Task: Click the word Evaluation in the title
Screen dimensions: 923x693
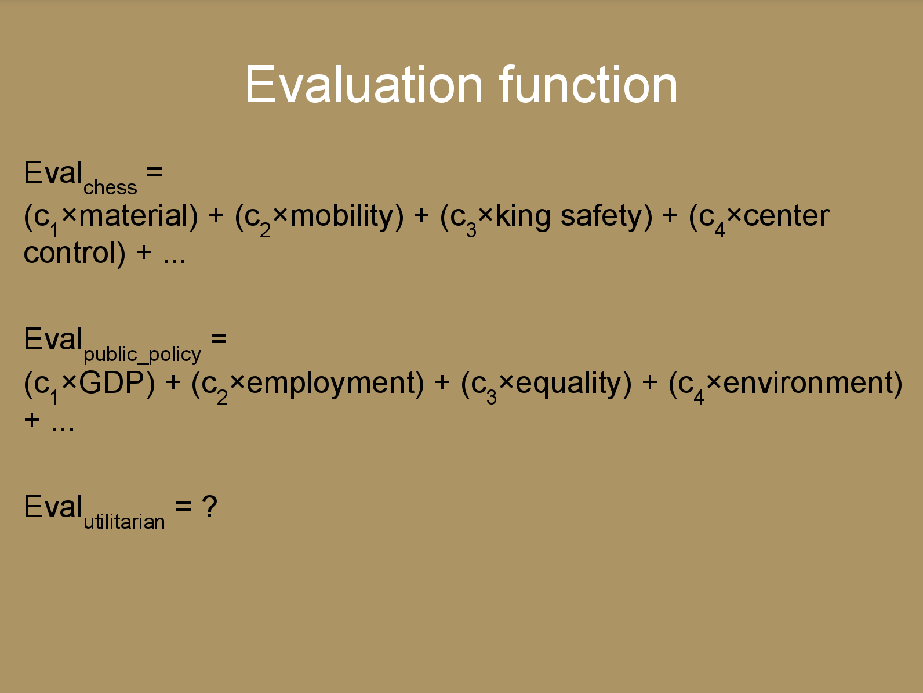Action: [364, 84]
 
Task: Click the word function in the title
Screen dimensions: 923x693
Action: [588, 84]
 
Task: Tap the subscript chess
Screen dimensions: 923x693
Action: [110, 187]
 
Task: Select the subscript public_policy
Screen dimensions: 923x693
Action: [143, 355]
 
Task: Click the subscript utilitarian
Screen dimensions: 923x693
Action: [124, 522]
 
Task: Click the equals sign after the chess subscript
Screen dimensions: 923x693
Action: [154, 172]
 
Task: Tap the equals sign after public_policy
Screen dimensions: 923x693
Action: [219, 339]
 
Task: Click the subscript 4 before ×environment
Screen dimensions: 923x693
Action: [699, 398]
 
